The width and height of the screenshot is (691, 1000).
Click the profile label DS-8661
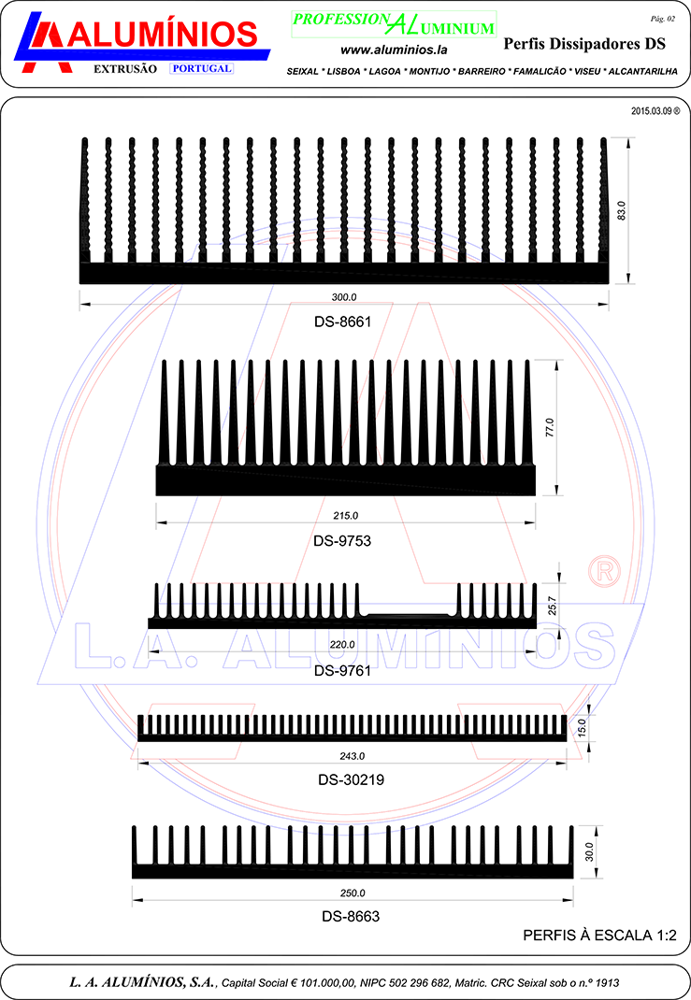coord(342,321)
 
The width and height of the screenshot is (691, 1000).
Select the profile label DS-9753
coord(342,541)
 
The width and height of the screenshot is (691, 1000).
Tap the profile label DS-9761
coord(342,670)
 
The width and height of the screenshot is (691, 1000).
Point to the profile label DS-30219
coord(352,779)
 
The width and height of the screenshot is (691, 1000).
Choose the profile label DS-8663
coord(351,917)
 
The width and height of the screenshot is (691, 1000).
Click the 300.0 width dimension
coord(344,297)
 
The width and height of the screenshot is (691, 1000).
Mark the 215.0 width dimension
coord(346,515)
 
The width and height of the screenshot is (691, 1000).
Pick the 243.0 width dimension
coord(353,756)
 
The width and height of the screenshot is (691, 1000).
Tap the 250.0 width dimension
coord(353,893)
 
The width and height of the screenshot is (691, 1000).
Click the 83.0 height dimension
coord(622,210)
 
